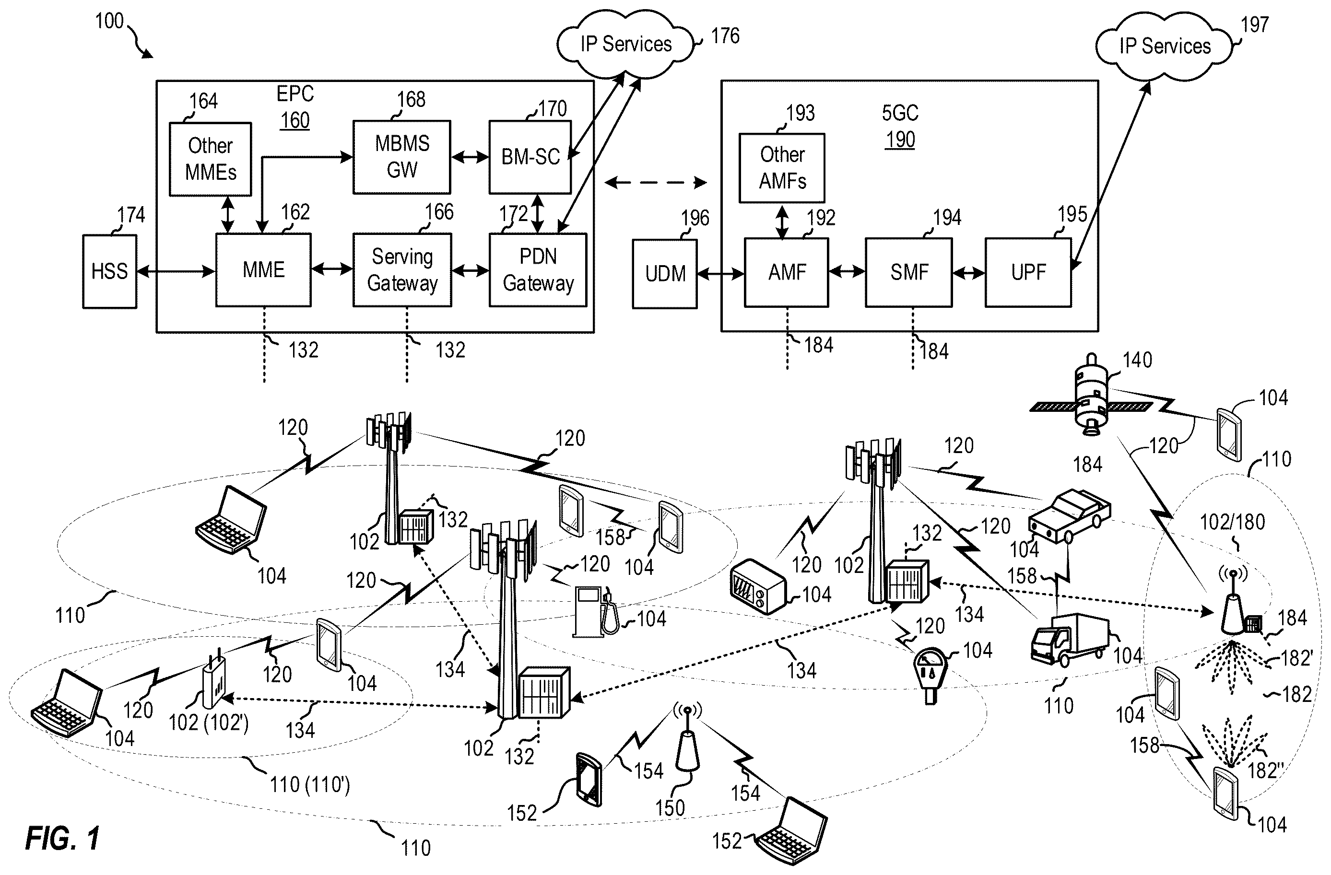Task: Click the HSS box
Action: click(x=110, y=271)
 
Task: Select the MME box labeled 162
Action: click(x=263, y=270)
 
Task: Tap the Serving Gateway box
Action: click(x=402, y=270)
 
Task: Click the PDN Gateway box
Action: click(x=538, y=270)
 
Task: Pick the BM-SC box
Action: click(x=530, y=157)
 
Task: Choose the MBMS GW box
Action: click(x=401, y=157)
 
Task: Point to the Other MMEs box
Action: click(x=210, y=159)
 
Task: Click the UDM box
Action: click(x=665, y=274)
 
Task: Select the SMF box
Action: click(x=909, y=272)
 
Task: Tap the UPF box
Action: click(x=1028, y=272)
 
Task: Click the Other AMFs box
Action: click(x=782, y=168)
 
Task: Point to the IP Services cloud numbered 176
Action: click(x=625, y=45)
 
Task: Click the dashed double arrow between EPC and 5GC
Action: click(x=656, y=182)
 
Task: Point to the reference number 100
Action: click(x=109, y=21)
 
